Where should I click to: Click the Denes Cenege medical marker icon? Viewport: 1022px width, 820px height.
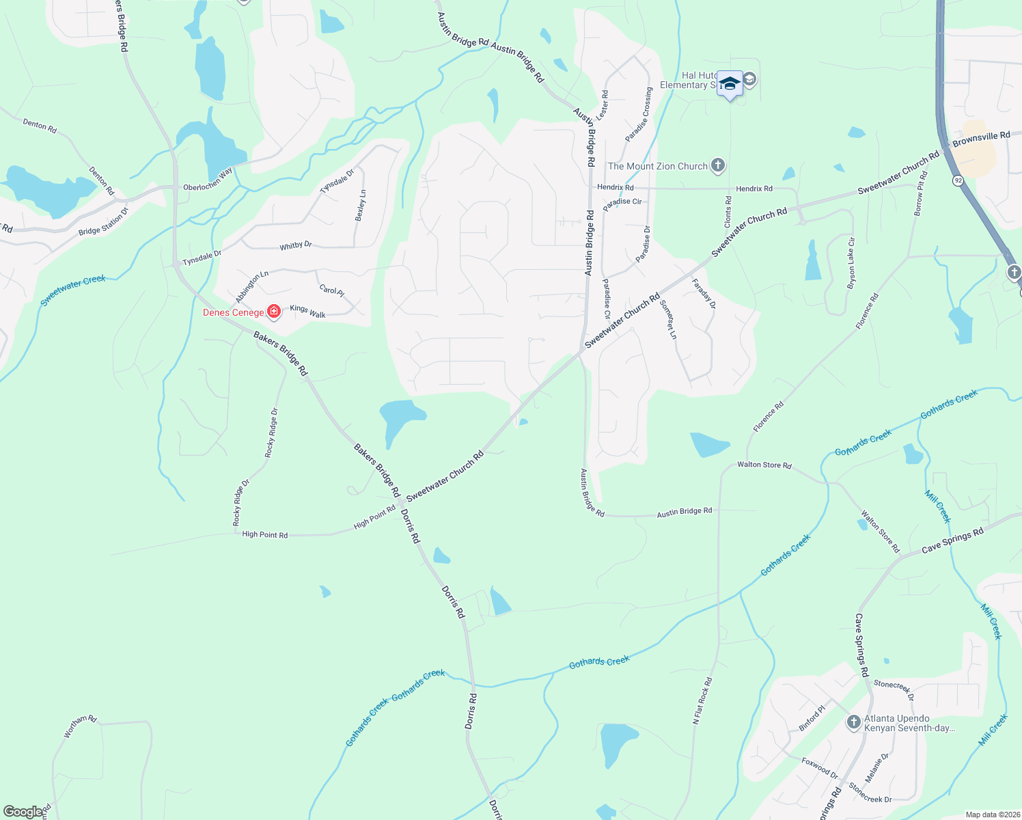(x=274, y=312)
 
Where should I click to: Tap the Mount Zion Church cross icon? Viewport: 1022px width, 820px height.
(x=717, y=165)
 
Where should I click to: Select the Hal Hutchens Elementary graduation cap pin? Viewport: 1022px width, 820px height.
(x=730, y=84)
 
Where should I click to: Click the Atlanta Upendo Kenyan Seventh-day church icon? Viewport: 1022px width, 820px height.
(x=853, y=722)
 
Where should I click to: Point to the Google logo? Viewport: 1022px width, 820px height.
(x=23, y=812)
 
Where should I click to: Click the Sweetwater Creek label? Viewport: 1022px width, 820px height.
(x=73, y=290)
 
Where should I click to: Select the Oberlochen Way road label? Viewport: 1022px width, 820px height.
(x=208, y=179)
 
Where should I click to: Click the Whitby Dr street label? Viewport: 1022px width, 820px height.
(x=295, y=245)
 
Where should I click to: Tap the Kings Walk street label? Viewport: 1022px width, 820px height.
(x=307, y=312)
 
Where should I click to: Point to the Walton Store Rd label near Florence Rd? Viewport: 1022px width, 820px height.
(x=764, y=465)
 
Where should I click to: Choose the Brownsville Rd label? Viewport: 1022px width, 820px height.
(x=981, y=139)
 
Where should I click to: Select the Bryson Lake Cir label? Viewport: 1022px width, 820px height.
(x=851, y=263)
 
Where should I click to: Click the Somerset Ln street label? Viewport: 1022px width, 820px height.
(x=668, y=320)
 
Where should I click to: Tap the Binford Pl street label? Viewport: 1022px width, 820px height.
(x=812, y=718)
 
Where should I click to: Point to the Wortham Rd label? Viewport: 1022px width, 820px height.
(x=80, y=726)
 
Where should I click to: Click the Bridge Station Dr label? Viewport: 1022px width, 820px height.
(x=103, y=223)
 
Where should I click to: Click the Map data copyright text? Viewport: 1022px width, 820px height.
(x=992, y=815)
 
